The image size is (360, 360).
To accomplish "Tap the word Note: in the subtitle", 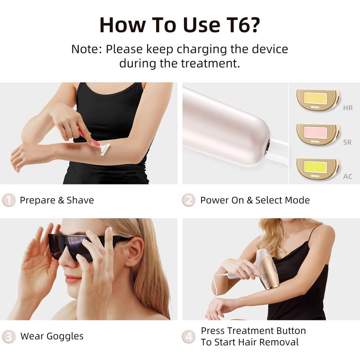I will pyautogui.click(x=87, y=49).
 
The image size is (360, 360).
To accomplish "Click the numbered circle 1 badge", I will pyautogui.click(x=9, y=200).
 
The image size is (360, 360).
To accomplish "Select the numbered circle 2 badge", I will pyautogui.click(x=189, y=200).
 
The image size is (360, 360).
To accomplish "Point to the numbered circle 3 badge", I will pyautogui.click(x=9, y=336).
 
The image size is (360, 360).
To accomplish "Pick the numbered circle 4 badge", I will pyautogui.click(x=189, y=336).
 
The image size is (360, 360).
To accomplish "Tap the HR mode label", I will pyautogui.click(x=348, y=108).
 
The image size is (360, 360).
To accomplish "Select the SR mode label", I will pyautogui.click(x=347, y=142).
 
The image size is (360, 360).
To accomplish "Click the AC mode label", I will pyautogui.click(x=348, y=176).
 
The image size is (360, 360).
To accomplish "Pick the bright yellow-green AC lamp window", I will pyautogui.click(x=315, y=166).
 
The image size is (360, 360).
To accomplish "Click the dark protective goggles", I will pyautogui.click(x=76, y=245).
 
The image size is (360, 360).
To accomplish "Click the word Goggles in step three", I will pyautogui.click(x=65, y=336).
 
